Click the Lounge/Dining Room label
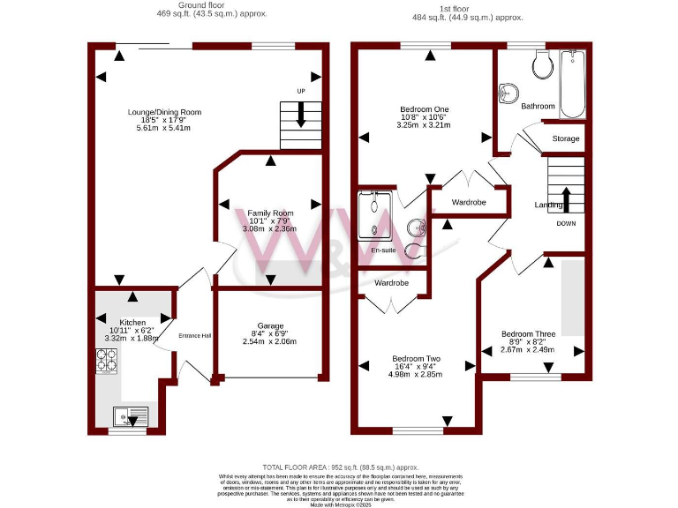[x=164, y=112]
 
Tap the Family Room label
[x=270, y=213]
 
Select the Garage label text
[x=270, y=325]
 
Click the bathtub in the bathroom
[x=573, y=84]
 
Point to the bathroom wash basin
[x=508, y=92]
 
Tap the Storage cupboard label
[x=566, y=139]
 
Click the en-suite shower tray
[x=374, y=215]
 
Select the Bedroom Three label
[x=528, y=334]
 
